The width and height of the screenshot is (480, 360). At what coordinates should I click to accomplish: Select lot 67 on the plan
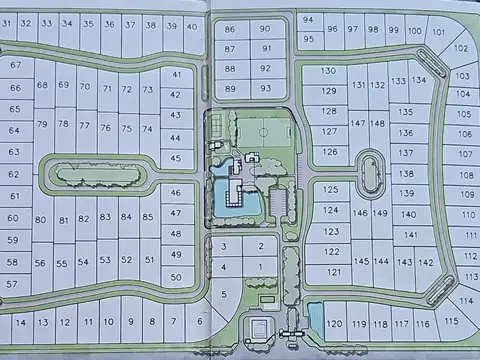(x=15, y=65)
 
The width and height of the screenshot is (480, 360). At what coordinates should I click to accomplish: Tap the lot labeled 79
(x=41, y=125)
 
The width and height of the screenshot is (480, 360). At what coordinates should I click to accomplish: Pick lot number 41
(x=177, y=74)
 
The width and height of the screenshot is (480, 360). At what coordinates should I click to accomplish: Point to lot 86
(x=231, y=30)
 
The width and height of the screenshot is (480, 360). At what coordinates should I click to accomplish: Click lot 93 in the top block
(x=265, y=88)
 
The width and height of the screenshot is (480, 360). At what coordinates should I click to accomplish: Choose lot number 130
(x=328, y=71)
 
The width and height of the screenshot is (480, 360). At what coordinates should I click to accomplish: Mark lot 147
(x=357, y=123)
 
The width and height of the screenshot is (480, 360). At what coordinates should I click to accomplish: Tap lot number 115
(x=450, y=321)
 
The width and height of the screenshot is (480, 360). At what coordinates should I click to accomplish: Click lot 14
(x=20, y=322)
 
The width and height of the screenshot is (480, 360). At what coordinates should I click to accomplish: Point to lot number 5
(x=224, y=293)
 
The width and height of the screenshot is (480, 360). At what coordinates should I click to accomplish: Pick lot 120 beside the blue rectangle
(x=335, y=323)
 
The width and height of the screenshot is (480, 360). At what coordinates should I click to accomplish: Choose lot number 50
(x=176, y=277)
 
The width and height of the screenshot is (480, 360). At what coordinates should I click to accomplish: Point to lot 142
(x=426, y=262)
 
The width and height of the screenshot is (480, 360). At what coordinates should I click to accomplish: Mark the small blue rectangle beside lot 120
(x=316, y=319)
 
